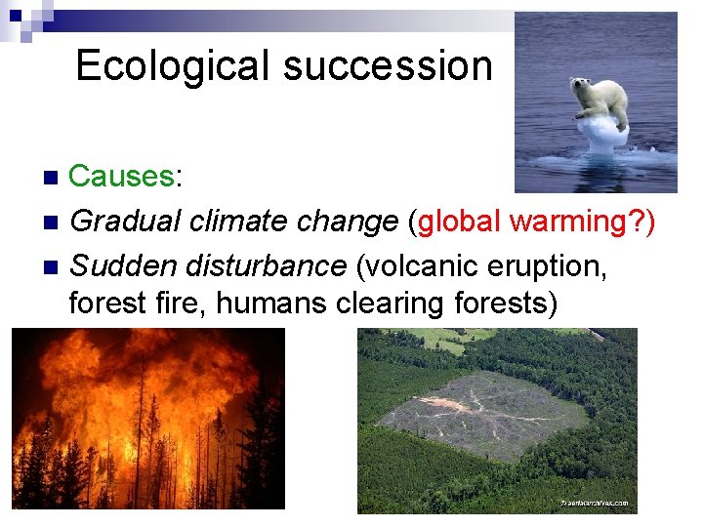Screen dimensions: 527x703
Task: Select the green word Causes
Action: tap(120, 177)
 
